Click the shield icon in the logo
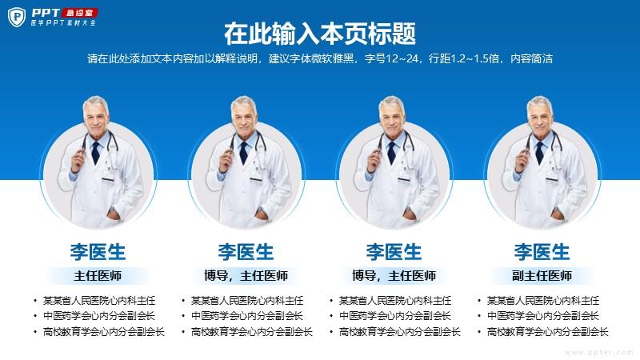tap(17, 17)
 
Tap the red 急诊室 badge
tap(79, 13)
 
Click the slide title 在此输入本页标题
tap(320, 34)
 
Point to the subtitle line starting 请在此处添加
tap(320, 58)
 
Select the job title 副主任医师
tap(542, 276)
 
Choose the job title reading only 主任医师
tap(98, 276)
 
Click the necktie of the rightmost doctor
tap(539, 153)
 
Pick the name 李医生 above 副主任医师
tap(542, 252)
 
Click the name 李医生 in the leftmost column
tap(98, 252)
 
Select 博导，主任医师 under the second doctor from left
tap(246, 276)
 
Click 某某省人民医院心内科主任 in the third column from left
tap(395, 301)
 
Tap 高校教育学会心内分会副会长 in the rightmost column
tap(548, 332)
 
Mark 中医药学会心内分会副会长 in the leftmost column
tap(99, 316)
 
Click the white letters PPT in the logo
tap(46, 13)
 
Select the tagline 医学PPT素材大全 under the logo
tap(63, 23)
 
